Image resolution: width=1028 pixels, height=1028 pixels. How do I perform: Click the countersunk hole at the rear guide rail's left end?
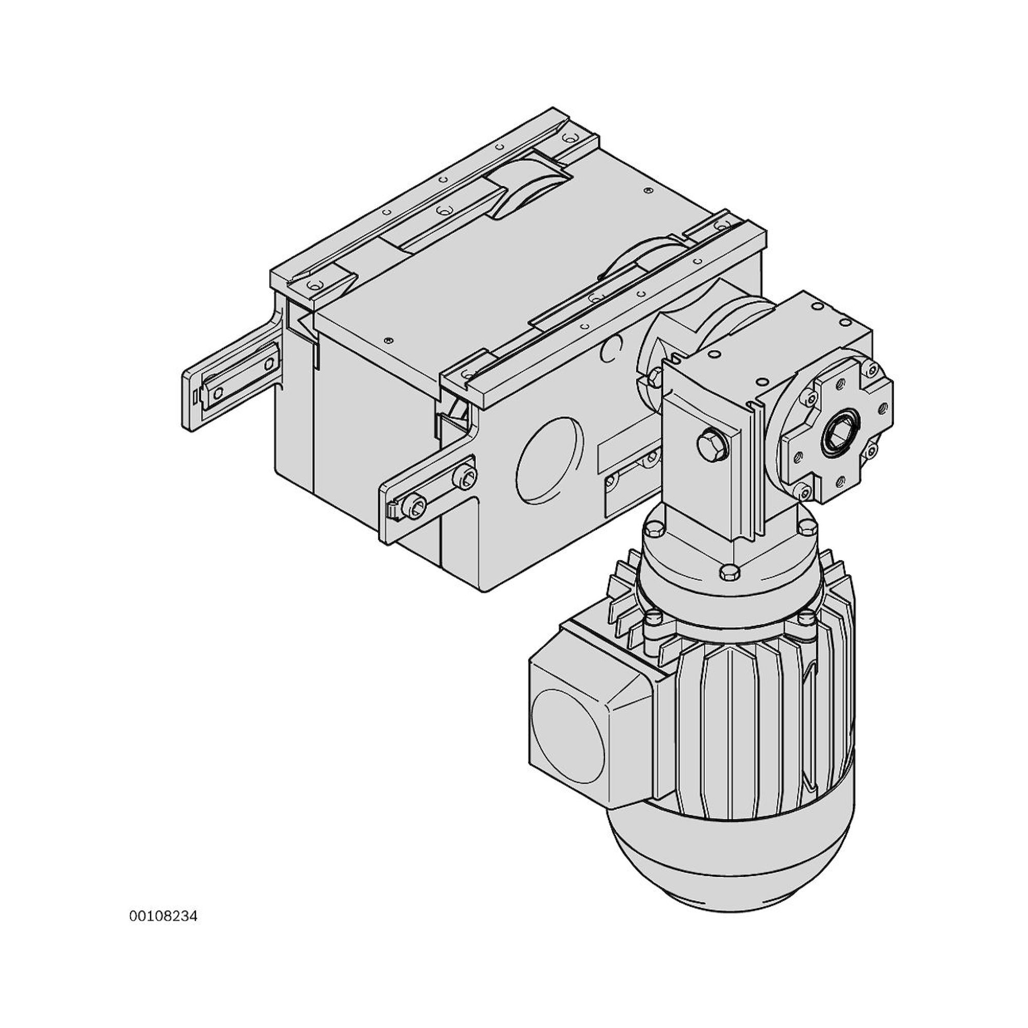[318, 285]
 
